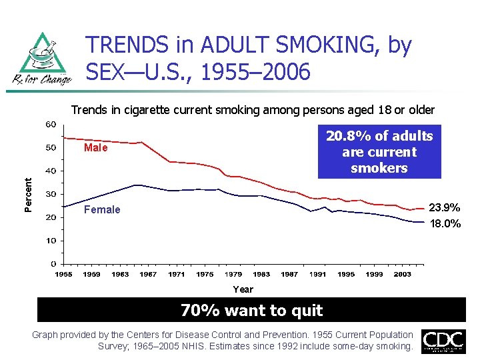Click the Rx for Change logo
45,59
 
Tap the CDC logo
443,341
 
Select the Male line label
95,148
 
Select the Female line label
102,210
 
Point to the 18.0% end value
444,223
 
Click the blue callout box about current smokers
379,152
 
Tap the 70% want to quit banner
252,310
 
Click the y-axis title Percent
29,195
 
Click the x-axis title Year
243,289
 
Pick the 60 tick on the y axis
51,125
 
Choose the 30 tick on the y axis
51,194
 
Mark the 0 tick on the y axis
53,264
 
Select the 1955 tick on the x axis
64,274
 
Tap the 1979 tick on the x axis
233,274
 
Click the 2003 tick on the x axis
402,274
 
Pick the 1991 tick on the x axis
317,274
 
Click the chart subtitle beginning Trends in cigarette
253,109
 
